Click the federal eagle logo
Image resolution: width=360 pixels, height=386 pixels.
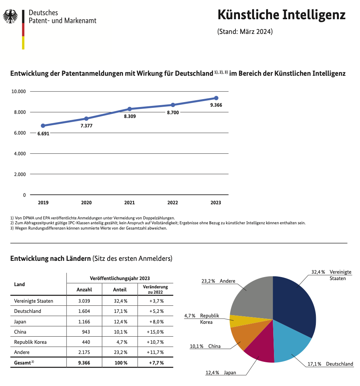pyautogui.click(x=10, y=16)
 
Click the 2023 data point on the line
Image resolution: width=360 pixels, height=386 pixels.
pyautogui.click(x=216, y=98)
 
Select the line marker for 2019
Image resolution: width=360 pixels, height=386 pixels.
pyautogui.click(x=43, y=126)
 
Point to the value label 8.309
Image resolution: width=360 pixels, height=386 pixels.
pyautogui.click(x=130, y=116)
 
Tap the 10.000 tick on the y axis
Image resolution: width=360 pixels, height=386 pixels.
pyautogui.click(x=18, y=91)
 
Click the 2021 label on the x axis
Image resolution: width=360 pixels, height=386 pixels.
pyautogui.click(x=129, y=202)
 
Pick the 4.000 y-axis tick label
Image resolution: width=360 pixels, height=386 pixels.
pyautogui.click(x=20, y=154)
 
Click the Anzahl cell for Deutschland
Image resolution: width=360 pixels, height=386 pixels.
pyautogui.click(x=84, y=311)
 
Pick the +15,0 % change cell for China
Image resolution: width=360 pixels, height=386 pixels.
pyautogui.click(x=155, y=332)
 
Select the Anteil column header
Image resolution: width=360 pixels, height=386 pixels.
pyautogui.click(x=120, y=289)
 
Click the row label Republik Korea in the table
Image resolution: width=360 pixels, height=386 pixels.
pyautogui.click(x=30, y=342)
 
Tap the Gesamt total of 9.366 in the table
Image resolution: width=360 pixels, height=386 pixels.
pyautogui.click(x=84, y=363)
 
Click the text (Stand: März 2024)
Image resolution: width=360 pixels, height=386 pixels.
pyautogui.click(x=245, y=32)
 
